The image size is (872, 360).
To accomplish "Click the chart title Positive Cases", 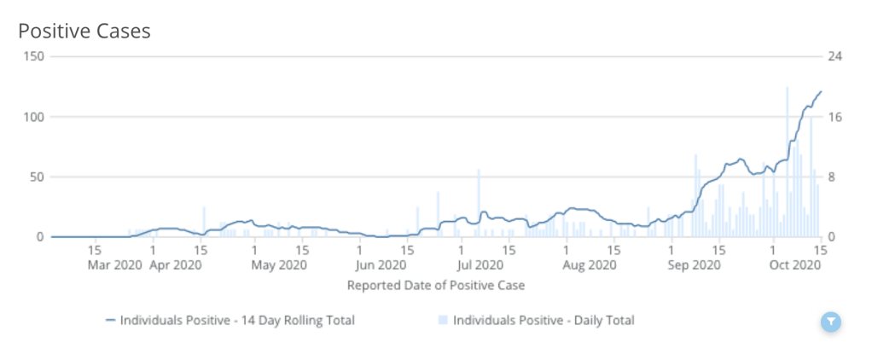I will coord(84,32).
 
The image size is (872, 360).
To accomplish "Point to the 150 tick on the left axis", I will coord(35,56).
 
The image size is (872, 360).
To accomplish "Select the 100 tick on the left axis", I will coord(35,117).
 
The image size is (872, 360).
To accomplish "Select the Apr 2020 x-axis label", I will coord(175,265).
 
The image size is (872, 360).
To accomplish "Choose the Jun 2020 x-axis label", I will coord(381,265).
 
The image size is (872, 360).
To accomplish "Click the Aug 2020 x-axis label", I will coord(588,265).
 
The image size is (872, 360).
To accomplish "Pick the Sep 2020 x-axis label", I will coord(693,265).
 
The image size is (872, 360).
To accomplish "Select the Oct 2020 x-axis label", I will coord(794,265).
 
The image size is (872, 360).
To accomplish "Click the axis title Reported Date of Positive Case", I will coord(435,285).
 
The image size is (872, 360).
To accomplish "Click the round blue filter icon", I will coord(831,322).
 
